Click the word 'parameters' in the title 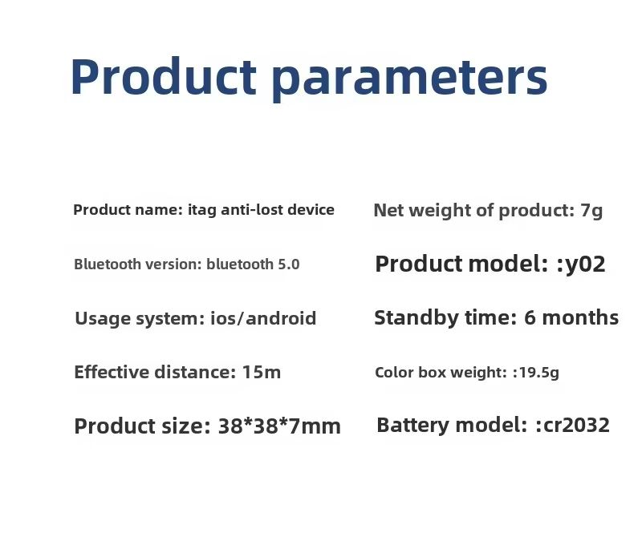pyautogui.click(x=409, y=79)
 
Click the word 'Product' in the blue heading pyautogui.click(x=164, y=76)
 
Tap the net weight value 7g pyautogui.click(x=591, y=211)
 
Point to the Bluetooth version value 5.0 pyautogui.click(x=289, y=264)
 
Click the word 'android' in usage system pyautogui.click(x=281, y=318)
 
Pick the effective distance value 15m pyautogui.click(x=262, y=373)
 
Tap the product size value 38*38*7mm pyautogui.click(x=279, y=426)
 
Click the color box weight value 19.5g pyautogui.click(x=538, y=373)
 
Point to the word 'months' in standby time pyautogui.click(x=580, y=317)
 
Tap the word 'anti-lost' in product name pyautogui.click(x=252, y=210)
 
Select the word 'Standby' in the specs pyautogui.click(x=416, y=318)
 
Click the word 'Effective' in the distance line pyautogui.click(x=112, y=372)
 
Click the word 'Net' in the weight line pyautogui.click(x=388, y=211)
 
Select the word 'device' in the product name pyautogui.click(x=311, y=210)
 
